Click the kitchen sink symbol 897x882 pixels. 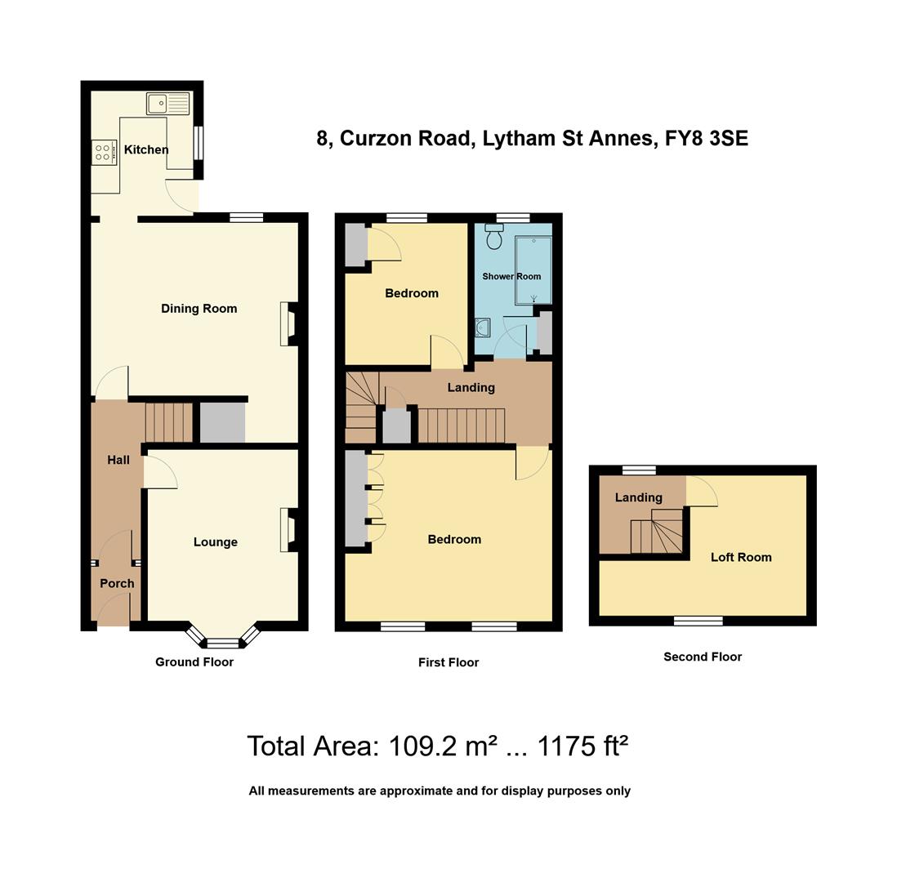coord(167,104)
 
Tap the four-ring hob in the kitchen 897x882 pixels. coord(104,152)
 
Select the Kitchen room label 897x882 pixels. coord(146,149)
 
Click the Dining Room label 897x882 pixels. coord(199,308)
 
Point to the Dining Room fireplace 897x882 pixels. coord(289,324)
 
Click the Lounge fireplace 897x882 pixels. coord(289,530)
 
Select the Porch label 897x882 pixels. coord(117,583)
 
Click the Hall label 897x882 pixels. coord(118,460)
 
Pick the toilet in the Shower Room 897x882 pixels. coord(493,237)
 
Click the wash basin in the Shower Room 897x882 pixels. coord(483,328)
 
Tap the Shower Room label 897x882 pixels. coord(511,276)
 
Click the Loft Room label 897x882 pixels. coord(741,557)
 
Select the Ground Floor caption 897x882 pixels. coord(194,661)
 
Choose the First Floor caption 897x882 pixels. coord(448,662)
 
